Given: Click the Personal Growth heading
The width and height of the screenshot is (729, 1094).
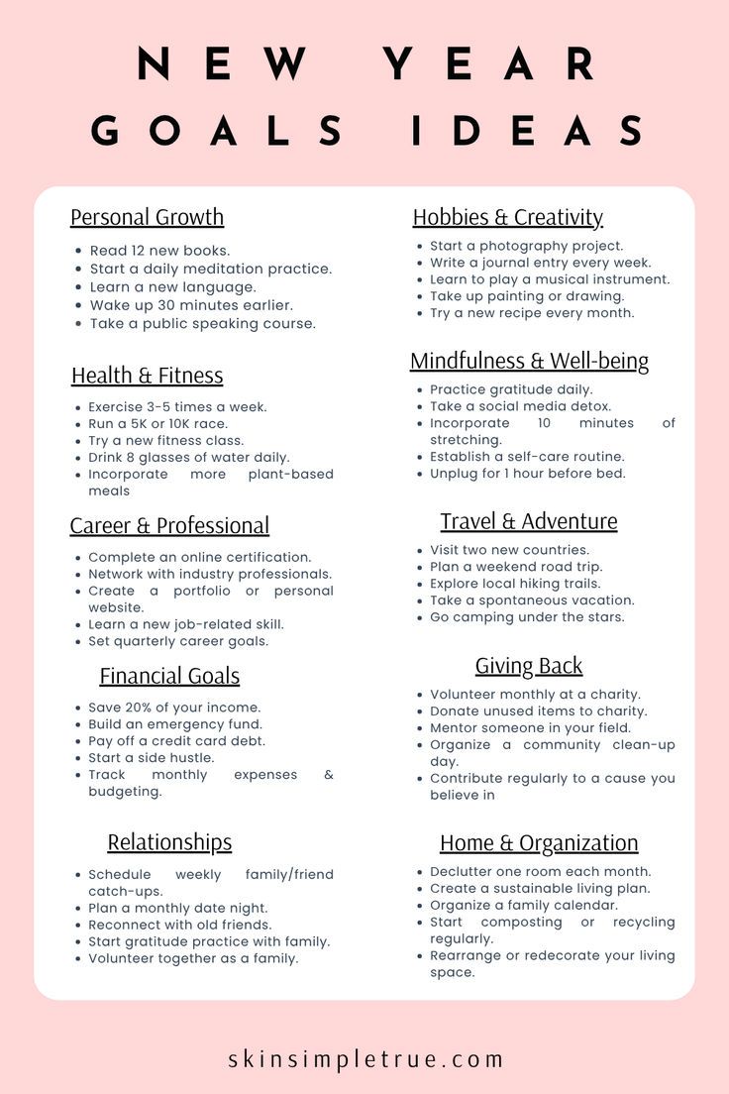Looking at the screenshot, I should (147, 217).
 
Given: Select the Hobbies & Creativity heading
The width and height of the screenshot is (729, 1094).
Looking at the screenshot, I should (507, 217).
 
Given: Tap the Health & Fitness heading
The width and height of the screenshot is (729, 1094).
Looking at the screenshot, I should (147, 376).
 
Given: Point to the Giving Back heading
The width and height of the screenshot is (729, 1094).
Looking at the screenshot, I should (528, 666).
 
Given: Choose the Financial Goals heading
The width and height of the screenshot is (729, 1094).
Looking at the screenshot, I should (169, 676).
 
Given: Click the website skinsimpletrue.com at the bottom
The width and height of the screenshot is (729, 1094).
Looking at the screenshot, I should (365, 1058).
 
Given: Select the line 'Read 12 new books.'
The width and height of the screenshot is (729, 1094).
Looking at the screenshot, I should (159, 251).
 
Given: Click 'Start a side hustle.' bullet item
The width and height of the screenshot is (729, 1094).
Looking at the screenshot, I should (151, 758).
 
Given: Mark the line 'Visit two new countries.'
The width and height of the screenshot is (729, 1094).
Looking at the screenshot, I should (509, 550).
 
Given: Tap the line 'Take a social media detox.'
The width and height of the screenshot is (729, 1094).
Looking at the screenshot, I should (520, 406).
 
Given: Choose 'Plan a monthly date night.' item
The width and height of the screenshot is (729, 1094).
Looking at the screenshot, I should (178, 908).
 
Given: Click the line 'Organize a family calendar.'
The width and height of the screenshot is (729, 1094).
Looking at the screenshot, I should (523, 905).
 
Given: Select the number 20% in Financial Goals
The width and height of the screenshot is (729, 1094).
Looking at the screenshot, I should (143, 708).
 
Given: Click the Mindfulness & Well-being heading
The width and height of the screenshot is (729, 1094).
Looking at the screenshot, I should (529, 361).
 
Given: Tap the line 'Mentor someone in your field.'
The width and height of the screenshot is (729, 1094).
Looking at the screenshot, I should (530, 727).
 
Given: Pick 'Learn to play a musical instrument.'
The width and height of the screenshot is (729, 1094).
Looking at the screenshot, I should (550, 279).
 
